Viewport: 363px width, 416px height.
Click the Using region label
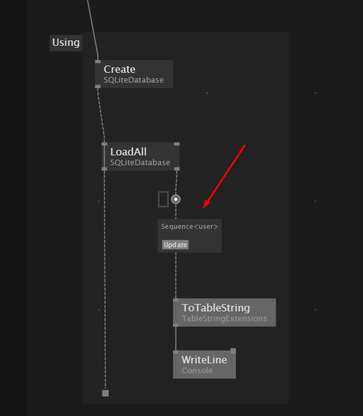[x=66, y=43]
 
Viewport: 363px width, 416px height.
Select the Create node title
[x=120, y=69]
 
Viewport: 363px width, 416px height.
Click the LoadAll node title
[x=128, y=152]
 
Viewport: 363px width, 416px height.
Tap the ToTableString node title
[x=216, y=308]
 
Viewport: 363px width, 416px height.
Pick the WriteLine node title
[x=204, y=360]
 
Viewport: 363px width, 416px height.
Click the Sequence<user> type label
[x=189, y=226]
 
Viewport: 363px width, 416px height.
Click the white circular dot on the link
[x=175, y=199]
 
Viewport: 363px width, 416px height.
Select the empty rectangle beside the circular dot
[x=163, y=199]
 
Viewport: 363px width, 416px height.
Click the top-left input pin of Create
[x=98, y=62]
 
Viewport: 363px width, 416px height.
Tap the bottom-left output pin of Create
[x=98, y=86]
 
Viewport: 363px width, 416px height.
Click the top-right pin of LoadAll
[x=177, y=144]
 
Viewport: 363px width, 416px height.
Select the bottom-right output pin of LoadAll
[x=177, y=169]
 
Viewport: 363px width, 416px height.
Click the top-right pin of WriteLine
[x=233, y=351]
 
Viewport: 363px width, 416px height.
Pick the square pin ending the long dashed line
[x=106, y=393]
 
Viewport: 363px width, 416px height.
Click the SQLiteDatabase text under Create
[x=134, y=80]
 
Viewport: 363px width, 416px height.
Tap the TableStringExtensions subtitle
[x=224, y=318]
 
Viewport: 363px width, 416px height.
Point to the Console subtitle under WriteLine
[x=197, y=370]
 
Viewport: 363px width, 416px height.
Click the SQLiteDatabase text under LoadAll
[x=140, y=162]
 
